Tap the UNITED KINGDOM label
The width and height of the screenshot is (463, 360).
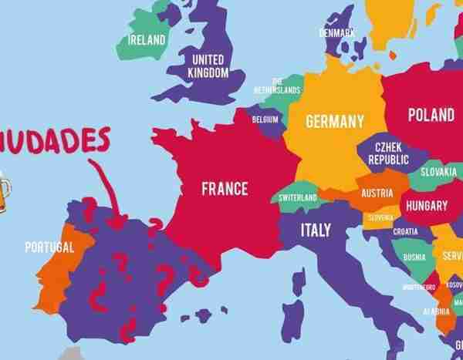[208, 66]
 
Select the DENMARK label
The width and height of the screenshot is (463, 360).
[336, 32]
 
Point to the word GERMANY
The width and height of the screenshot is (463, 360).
[334, 122]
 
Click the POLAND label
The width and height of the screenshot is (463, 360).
[431, 115]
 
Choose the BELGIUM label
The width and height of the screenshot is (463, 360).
[265, 119]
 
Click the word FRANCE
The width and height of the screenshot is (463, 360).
[225, 187]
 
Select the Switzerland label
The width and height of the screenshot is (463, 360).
[298, 198]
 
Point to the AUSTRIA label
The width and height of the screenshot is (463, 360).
[377, 193]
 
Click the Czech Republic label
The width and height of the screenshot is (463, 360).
[388, 153]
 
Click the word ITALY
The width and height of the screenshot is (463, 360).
[316, 230]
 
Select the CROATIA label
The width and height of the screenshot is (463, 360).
[405, 231]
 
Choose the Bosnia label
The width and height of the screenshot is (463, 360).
[414, 257]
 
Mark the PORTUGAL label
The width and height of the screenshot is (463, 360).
[49, 247]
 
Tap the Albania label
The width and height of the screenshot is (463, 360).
[437, 311]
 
